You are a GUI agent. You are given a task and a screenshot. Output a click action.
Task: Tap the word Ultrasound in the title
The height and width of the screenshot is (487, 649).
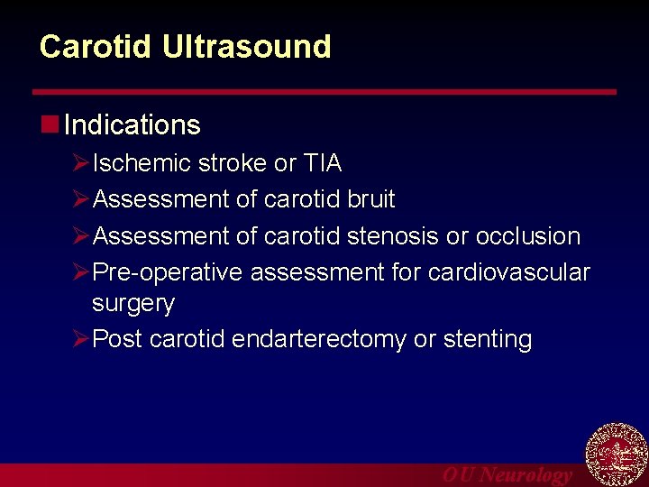click(246, 47)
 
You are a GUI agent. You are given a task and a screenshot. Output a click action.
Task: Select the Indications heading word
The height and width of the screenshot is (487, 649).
click(133, 124)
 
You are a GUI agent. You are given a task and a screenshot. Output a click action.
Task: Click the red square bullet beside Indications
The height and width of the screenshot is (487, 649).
click(50, 123)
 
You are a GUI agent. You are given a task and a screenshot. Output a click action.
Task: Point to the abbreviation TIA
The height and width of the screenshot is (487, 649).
click(322, 163)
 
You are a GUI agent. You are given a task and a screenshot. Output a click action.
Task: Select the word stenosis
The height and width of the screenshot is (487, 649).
click(396, 236)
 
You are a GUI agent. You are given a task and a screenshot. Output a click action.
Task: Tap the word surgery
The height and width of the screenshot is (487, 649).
click(133, 304)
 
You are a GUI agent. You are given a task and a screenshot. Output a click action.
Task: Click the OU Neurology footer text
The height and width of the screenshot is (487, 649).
click(507, 475)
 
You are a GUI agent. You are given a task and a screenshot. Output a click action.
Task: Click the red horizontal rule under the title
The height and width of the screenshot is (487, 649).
click(324, 92)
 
